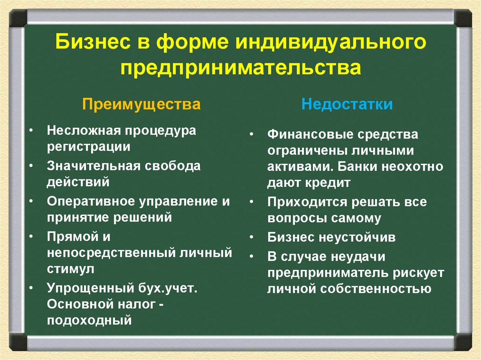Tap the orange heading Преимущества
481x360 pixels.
(141, 104)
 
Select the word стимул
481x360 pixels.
(70, 269)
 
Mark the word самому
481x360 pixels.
(358, 218)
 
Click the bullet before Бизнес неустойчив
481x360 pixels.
(252, 237)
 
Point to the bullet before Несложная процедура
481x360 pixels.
(31, 130)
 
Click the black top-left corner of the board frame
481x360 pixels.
(18, 17)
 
